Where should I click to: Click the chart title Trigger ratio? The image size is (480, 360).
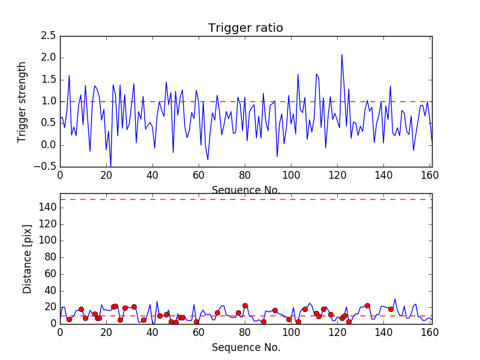point(245,28)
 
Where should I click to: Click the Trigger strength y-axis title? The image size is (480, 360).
point(22,101)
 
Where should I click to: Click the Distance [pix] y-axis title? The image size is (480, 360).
point(27,258)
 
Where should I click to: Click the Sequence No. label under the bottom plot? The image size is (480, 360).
point(245,347)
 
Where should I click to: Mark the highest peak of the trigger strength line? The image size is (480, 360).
point(342,55)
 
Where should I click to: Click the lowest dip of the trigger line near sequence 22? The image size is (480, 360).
point(110,166)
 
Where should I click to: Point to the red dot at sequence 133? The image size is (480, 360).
point(367,305)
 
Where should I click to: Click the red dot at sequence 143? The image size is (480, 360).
point(391,309)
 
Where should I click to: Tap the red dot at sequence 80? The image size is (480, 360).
point(245,305)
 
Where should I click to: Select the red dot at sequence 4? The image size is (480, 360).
point(69,319)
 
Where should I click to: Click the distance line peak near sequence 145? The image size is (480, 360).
point(395,299)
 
